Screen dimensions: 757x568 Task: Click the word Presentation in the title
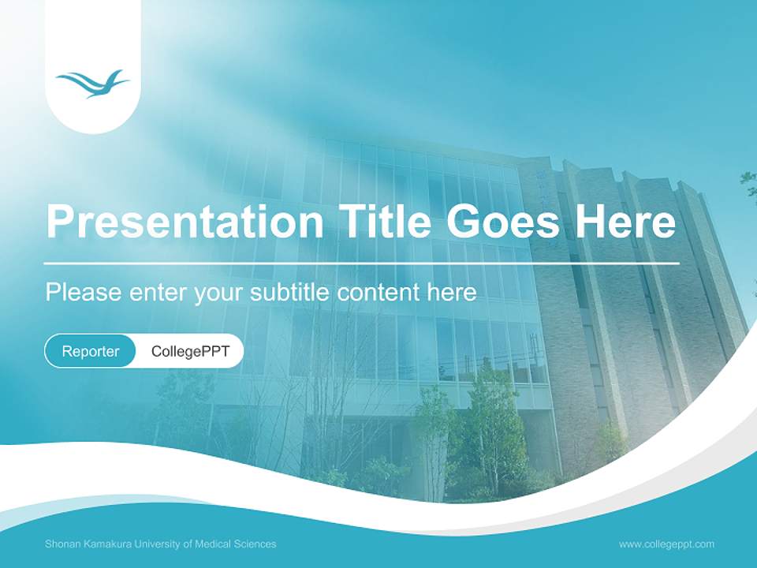pos(185,221)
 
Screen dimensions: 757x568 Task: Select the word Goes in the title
pos(502,221)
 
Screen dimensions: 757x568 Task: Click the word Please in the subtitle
pos(84,292)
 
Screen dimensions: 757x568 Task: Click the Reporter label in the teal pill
pos(90,351)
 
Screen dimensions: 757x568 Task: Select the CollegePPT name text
pos(190,351)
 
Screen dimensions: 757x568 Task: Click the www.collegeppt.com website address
pos(666,544)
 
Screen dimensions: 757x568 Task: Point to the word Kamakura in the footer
pos(108,544)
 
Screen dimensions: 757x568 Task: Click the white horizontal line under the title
pos(362,263)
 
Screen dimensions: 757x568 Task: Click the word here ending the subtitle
pos(452,292)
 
